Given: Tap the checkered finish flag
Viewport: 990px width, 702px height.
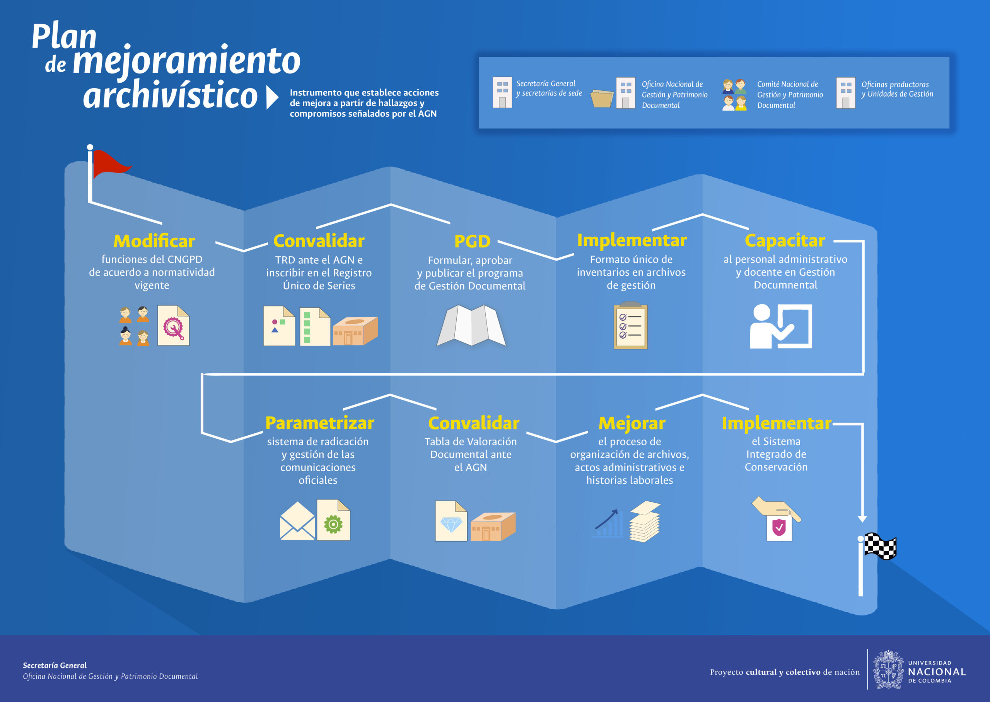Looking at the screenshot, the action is point(880,546).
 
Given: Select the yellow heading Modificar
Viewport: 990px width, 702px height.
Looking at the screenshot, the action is point(154,241).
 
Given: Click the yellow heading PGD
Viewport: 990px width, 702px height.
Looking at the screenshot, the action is point(472,241).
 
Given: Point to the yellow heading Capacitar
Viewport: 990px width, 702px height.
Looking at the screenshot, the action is point(785,241).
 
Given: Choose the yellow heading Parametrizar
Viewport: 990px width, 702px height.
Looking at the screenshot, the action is point(319,423).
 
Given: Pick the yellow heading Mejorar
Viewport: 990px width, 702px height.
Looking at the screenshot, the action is point(632,423).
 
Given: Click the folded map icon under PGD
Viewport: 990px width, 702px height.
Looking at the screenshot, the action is point(471,325).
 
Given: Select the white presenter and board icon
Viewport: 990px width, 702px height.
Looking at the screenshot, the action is point(781,326).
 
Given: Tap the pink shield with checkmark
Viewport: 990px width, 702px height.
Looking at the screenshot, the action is point(779,527).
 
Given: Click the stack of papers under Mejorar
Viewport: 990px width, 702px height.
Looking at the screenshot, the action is point(645,521).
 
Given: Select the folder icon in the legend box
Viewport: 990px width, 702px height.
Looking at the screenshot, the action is point(602,98).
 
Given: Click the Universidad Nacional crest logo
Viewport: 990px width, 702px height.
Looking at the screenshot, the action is point(888,669).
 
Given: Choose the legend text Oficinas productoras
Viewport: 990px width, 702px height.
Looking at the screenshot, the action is point(895,84).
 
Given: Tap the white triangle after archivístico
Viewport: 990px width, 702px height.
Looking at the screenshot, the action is point(272,97).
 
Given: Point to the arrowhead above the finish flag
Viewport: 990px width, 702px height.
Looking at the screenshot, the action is point(862,519).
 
